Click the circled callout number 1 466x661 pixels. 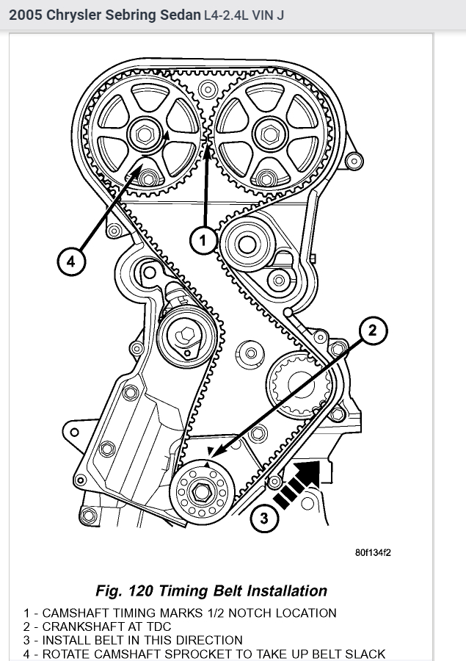pos(205,239)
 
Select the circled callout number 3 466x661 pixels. pos(264,520)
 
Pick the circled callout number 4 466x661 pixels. pos(70,261)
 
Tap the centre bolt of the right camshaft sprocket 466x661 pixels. pos(270,135)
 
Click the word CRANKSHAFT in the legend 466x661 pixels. pos(79,626)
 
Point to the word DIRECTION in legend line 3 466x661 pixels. pos(205,640)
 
